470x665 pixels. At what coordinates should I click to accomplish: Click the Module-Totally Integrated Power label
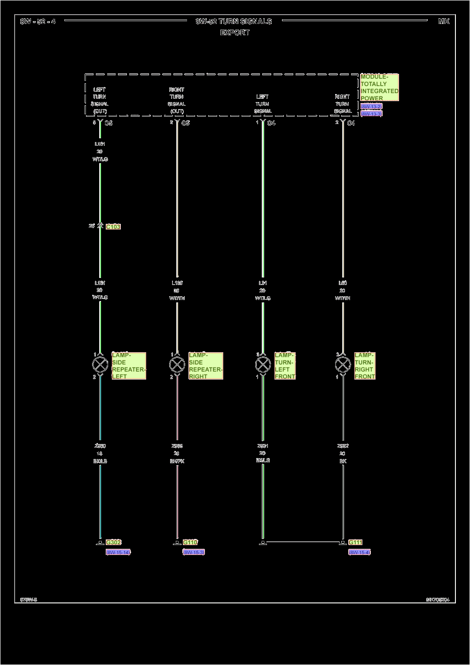coord(379,87)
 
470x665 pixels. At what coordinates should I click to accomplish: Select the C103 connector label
coord(113,227)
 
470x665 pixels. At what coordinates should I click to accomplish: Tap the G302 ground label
coord(113,542)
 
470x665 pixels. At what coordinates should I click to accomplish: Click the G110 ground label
coord(190,542)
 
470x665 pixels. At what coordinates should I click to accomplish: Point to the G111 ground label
coord(355,542)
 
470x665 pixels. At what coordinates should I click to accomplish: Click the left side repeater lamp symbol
coord(100,364)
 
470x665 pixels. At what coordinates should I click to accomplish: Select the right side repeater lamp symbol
coord(177,364)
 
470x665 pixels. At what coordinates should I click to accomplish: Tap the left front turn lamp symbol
coord(263,364)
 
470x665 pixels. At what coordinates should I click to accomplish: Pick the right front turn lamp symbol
coord(343,364)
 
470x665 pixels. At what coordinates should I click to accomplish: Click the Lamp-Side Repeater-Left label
coord(129,366)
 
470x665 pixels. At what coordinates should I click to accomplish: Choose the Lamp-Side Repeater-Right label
coord(205,366)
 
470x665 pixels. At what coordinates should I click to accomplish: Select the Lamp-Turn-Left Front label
coord(285,366)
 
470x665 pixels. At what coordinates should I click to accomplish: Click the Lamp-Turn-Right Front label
coord(365,366)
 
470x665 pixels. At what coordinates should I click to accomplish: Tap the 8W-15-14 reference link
coord(118,552)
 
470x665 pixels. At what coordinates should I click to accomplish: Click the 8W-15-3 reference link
coord(194,552)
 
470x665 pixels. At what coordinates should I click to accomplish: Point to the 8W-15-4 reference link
coord(360,552)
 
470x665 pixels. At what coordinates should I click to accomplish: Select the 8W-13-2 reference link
coord(371,107)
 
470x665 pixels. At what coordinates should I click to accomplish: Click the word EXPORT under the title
coord(235,32)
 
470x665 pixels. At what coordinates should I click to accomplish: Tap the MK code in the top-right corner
coord(443,21)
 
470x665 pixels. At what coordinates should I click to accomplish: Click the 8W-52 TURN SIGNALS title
coord(234,21)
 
